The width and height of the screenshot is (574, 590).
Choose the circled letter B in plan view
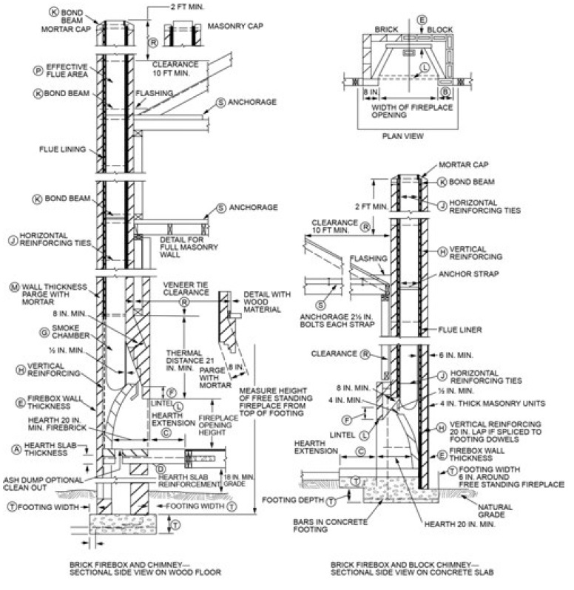click(445, 92)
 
